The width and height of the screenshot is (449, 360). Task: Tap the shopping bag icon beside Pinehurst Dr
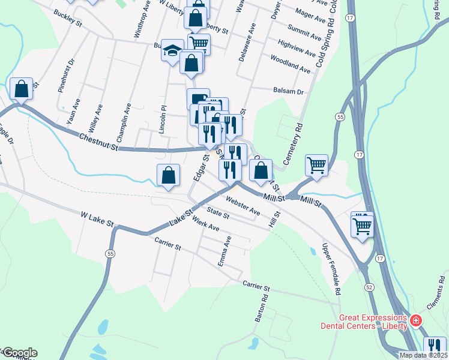tap(22, 89)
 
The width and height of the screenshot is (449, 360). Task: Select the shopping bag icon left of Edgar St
tap(169, 175)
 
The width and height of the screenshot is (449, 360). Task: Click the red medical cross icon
tap(415, 322)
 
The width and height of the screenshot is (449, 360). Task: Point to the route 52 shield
tap(369, 287)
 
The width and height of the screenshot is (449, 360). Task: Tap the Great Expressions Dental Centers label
tap(372, 322)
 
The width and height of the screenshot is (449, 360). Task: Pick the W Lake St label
tap(97, 218)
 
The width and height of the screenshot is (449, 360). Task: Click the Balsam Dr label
tap(289, 91)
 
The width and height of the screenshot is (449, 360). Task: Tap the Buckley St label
tap(67, 18)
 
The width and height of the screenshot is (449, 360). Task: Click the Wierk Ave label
tap(206, 226)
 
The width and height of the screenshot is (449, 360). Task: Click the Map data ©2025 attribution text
tap(423, 355)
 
